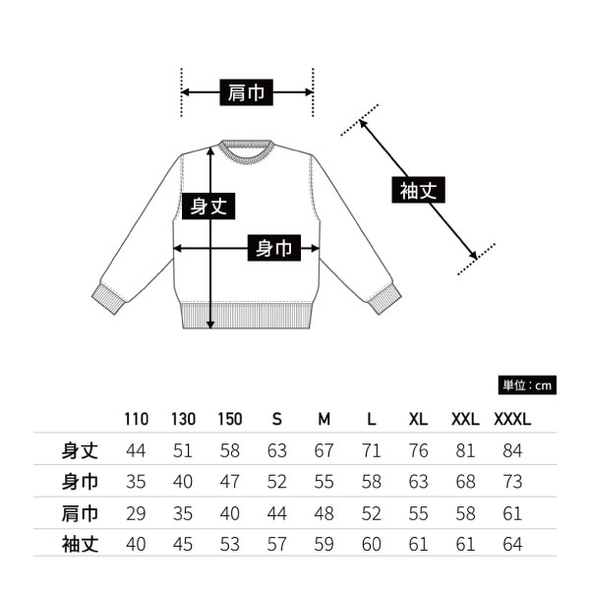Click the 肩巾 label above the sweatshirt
[246, 93]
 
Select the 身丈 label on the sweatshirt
[208, 206]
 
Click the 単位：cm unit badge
[530, 384]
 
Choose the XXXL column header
[511, 419]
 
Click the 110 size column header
[137, 419]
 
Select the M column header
[324, 419]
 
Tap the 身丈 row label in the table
[80, 451]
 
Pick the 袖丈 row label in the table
[80, 543]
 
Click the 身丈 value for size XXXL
[511, 451]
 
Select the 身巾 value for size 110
[137, 482]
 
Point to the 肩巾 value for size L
[371, 512]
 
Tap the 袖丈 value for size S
[276, 543]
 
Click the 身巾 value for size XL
[418, 482]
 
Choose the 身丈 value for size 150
[230, 451]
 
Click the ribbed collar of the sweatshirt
[245, 147]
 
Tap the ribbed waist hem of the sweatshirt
[246, 318]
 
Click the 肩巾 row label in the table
[80, 512]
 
